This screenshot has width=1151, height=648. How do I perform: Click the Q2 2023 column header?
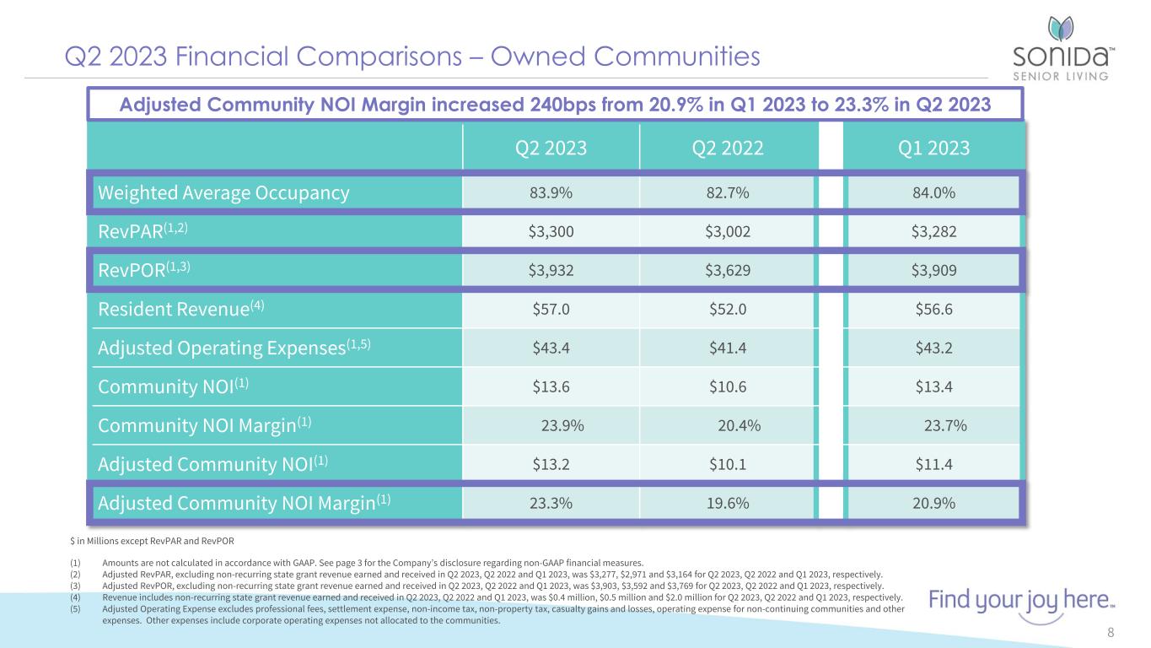551,148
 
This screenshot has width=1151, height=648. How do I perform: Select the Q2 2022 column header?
728,148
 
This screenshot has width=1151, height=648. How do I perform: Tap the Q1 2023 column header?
933,148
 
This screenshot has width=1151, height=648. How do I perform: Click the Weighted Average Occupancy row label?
223,193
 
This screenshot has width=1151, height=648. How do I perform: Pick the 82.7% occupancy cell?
728,193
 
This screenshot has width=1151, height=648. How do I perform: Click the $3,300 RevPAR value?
551,232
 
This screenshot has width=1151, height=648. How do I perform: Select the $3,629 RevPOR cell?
728,270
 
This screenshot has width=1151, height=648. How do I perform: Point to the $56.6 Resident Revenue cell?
933,309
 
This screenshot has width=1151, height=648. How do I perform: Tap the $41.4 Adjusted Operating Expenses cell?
728,348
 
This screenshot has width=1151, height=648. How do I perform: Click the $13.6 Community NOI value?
551,386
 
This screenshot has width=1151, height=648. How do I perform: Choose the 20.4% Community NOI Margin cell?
739,425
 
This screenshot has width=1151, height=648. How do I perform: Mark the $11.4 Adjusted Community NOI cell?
933,464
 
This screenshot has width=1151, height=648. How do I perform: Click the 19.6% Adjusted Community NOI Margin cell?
728,504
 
